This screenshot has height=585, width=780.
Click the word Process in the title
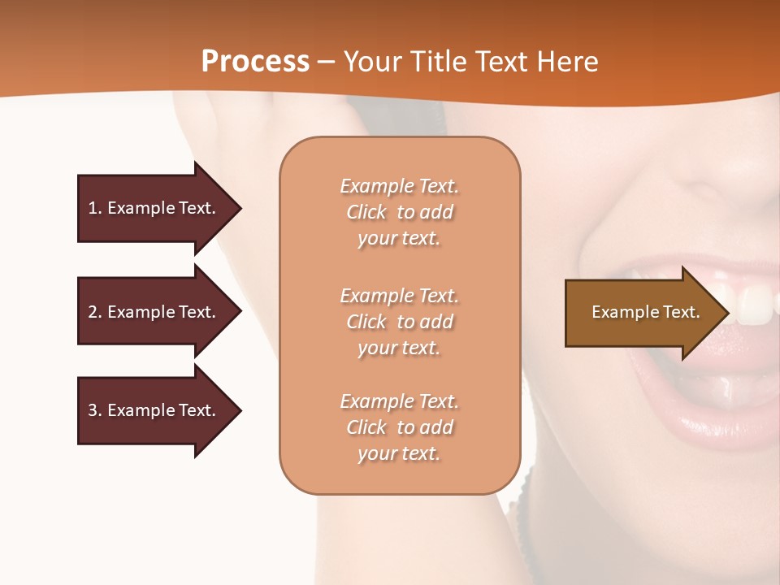(x=255, y=62)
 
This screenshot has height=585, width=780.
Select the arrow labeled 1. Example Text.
(x=154, y=208)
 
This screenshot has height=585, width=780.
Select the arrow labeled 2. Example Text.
(x=154, y=312)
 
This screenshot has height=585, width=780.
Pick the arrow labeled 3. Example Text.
(x=154, y=410)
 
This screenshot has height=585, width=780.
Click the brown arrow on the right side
(x=642, y=313)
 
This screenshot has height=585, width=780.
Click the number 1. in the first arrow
(x=94, y=208)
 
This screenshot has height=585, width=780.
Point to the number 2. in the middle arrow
(x=94, y=312)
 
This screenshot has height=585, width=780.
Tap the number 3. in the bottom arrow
(x=94, y=410)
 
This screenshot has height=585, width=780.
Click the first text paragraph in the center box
(x=399, y=212)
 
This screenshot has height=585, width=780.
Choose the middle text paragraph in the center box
(x=399, y=322)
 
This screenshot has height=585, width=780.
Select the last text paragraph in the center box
(x=399, y=427)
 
